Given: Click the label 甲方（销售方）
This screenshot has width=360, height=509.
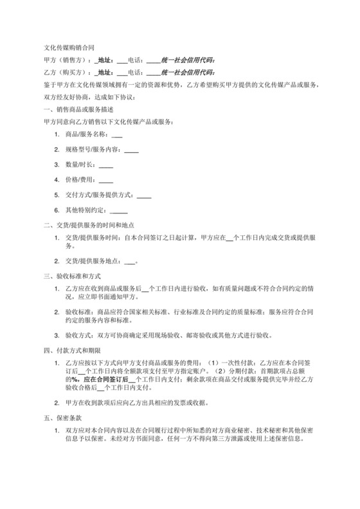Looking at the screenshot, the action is pos(67,60).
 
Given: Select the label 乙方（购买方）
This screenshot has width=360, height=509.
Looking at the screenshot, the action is pos(67,72).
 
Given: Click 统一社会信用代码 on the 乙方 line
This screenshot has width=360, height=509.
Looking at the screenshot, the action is pos(188,72).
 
